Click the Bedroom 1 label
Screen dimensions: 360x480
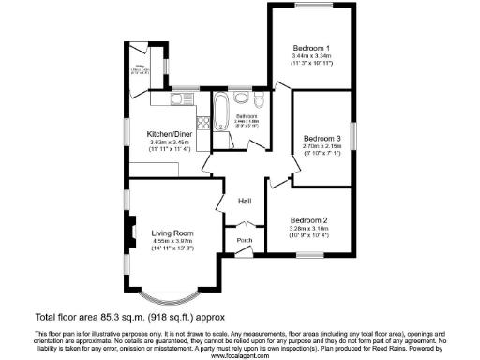310,48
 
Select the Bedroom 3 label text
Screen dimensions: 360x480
321,138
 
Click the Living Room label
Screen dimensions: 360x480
172,232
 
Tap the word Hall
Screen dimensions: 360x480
244,202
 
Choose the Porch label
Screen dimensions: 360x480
244,241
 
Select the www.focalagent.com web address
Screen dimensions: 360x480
239,356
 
